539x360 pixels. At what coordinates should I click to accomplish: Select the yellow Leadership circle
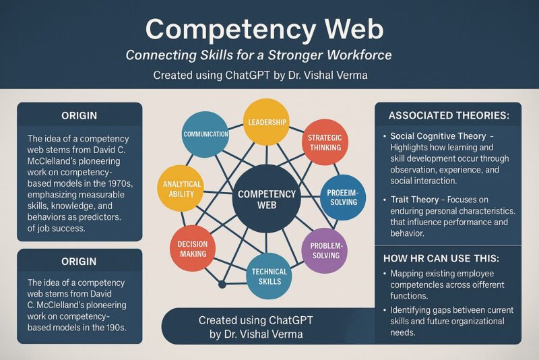265,122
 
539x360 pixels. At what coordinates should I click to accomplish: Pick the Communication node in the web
205,134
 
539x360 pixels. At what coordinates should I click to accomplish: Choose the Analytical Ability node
179,189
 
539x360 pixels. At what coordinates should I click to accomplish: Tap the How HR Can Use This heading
441,258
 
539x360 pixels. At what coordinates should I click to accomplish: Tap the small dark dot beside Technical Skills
222,284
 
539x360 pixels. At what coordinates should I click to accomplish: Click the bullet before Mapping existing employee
384,274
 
